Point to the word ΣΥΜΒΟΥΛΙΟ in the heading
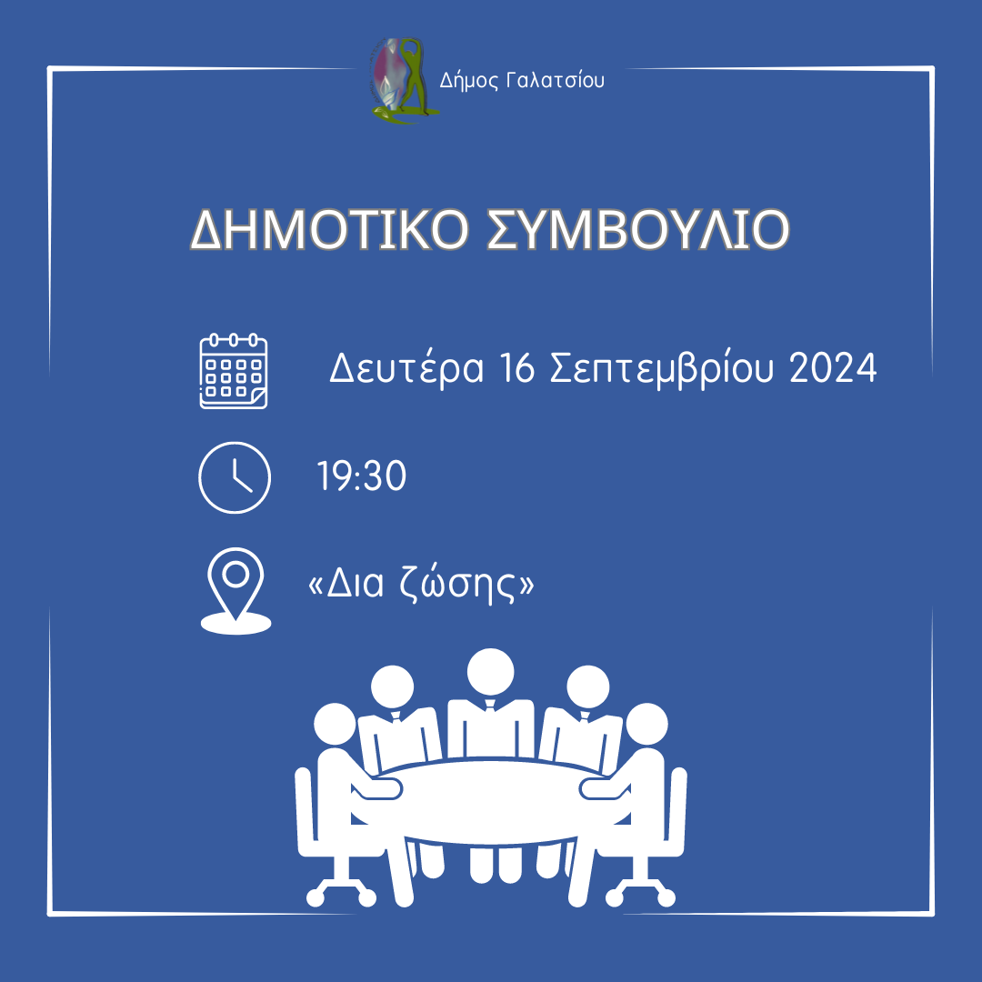pos(638,229)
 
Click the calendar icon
pos(234,371)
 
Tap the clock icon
pos(235,477)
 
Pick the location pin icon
pos(235,591)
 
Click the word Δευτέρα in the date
pos(406,368)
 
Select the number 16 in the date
pos(517,367)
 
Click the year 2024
pos(833,367)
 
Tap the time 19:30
pos(362,476)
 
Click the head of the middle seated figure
pos(490,671)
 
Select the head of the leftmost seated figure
pos(335,724)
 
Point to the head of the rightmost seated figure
pos(646,724)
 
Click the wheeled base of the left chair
pos(341,890)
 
